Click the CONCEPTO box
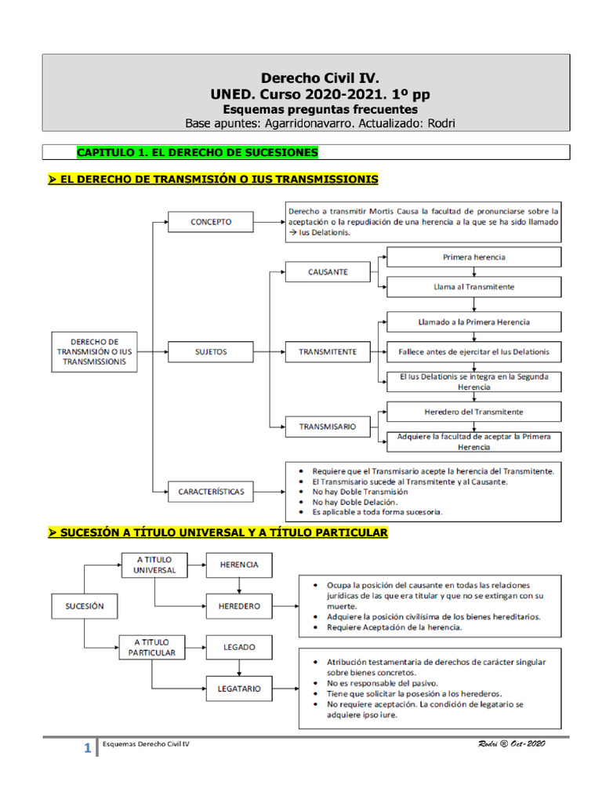click(x=211, y=223)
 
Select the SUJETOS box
click(x=211, y=352)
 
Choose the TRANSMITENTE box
click(x=328, y=352)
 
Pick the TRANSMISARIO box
click(x=328, y=427)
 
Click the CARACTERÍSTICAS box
click(x=211, y=492)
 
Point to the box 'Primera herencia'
click(x=474, y=257)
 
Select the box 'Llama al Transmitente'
click(x=474, y=287)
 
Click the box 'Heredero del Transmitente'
click(x=474, y=411)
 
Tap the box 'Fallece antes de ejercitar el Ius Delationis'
click(x=474, y=352)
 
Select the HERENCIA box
click(x=239, y=565)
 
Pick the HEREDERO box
click(x=239, y=606)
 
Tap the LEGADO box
click(x=239, y=648)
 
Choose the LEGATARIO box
click(x=239, y=689)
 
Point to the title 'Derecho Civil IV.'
click(x=319, y=78)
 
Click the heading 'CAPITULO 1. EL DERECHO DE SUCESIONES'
click(x=197, y=151)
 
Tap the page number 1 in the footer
click(x=88, y=750)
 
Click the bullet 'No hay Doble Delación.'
click(x=354, y=502)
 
